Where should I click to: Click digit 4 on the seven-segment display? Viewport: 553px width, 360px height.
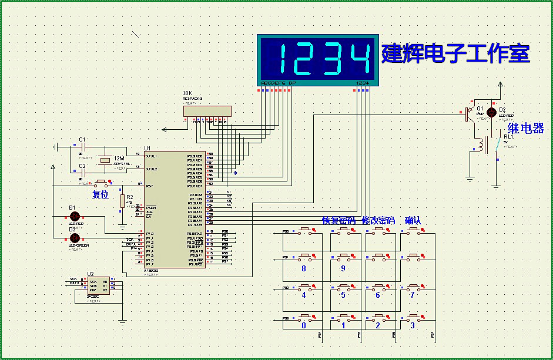[359, 59]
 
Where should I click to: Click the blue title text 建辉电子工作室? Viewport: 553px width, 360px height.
[456, 53]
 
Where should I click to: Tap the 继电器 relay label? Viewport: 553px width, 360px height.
[526, 129]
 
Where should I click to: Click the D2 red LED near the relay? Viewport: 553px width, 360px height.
[492, 112]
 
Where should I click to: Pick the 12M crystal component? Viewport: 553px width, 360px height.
[105, 160]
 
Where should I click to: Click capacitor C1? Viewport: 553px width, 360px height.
[83, 147]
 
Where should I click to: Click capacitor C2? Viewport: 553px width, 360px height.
[83, 173]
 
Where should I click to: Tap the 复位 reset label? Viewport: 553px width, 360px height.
[100, 194]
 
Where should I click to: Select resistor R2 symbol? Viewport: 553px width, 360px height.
[122, 201]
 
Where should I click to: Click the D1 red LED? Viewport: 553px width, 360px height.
[75, 216]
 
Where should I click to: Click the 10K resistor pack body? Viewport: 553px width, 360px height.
[207, 110]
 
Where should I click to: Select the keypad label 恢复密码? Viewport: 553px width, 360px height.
[338, 221]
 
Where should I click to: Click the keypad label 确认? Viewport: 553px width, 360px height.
[413, 221]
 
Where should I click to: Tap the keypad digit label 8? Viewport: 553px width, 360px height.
[303, 269]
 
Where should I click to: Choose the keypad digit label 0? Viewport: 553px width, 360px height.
[303, 325]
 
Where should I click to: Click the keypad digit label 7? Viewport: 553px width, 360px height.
[413, 295]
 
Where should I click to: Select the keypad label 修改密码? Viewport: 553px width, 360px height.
[378, 221]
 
